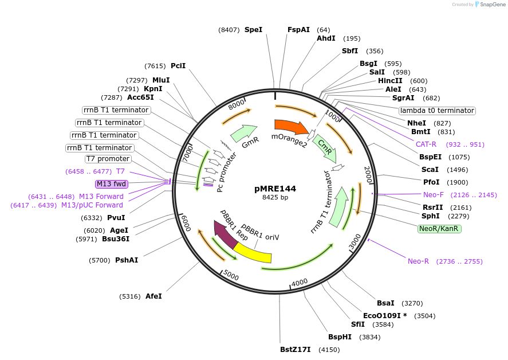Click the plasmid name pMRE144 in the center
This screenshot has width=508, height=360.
coord(275,188)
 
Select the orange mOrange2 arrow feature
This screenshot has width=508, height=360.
coord(290,126)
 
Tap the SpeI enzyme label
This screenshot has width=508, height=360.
coord(253,29)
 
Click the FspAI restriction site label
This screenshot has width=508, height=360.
coord(298,29)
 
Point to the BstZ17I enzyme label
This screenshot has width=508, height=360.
coord(295,349)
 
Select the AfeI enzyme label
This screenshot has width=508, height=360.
coord(153,296)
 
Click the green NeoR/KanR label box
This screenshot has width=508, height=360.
coord(439,228)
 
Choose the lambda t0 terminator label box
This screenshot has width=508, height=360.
coord(437,110)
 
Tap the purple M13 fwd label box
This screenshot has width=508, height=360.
coord(111,184)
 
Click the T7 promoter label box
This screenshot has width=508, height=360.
coord(108,159)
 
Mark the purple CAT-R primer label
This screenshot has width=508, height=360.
coord(426,144)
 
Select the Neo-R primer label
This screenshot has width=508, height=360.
coord(418,261)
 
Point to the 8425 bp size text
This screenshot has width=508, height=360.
coord(275,197)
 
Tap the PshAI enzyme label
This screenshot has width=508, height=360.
coord(127,260)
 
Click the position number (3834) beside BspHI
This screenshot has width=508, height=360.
coord(370,337)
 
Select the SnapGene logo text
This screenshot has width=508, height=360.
coord(492,5)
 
